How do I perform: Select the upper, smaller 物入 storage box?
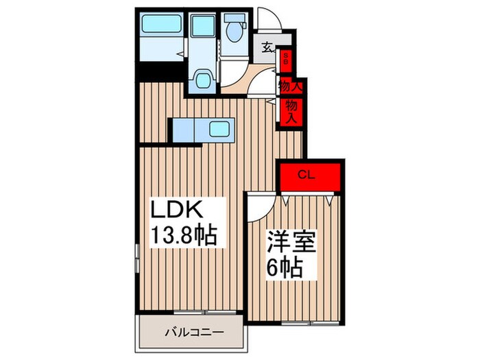289,87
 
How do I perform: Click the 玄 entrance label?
267,49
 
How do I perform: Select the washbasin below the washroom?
203,80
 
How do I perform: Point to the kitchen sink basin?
220,129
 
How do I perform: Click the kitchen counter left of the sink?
187,129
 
